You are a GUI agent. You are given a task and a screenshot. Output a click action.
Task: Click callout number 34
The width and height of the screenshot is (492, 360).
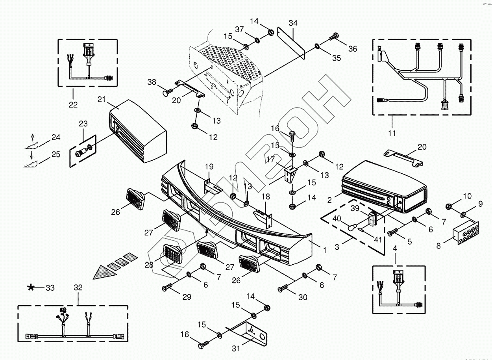tap(293, 23)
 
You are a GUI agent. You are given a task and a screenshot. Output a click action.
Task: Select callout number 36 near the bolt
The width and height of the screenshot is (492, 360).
tap(352, 48)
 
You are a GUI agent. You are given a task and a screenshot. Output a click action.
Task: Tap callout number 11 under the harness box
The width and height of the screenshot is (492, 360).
tap(392, 133)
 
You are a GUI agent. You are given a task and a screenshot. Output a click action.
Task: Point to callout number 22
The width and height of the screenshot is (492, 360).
tap(73, 104)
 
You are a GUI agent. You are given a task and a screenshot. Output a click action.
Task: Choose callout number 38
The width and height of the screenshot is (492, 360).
tap(152, 82)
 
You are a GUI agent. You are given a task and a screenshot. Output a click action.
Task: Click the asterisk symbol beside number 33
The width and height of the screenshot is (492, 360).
tap(31, 288)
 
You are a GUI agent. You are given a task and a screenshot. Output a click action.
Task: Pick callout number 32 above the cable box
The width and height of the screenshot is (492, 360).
tap(78, 288)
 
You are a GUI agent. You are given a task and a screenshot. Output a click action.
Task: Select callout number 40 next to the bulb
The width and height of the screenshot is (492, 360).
tap(337, 219)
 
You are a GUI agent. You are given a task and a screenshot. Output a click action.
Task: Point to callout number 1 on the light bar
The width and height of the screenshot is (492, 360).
tap(325, 250)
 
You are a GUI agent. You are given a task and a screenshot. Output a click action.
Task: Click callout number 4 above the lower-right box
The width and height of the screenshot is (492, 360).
tap(395, 249)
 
